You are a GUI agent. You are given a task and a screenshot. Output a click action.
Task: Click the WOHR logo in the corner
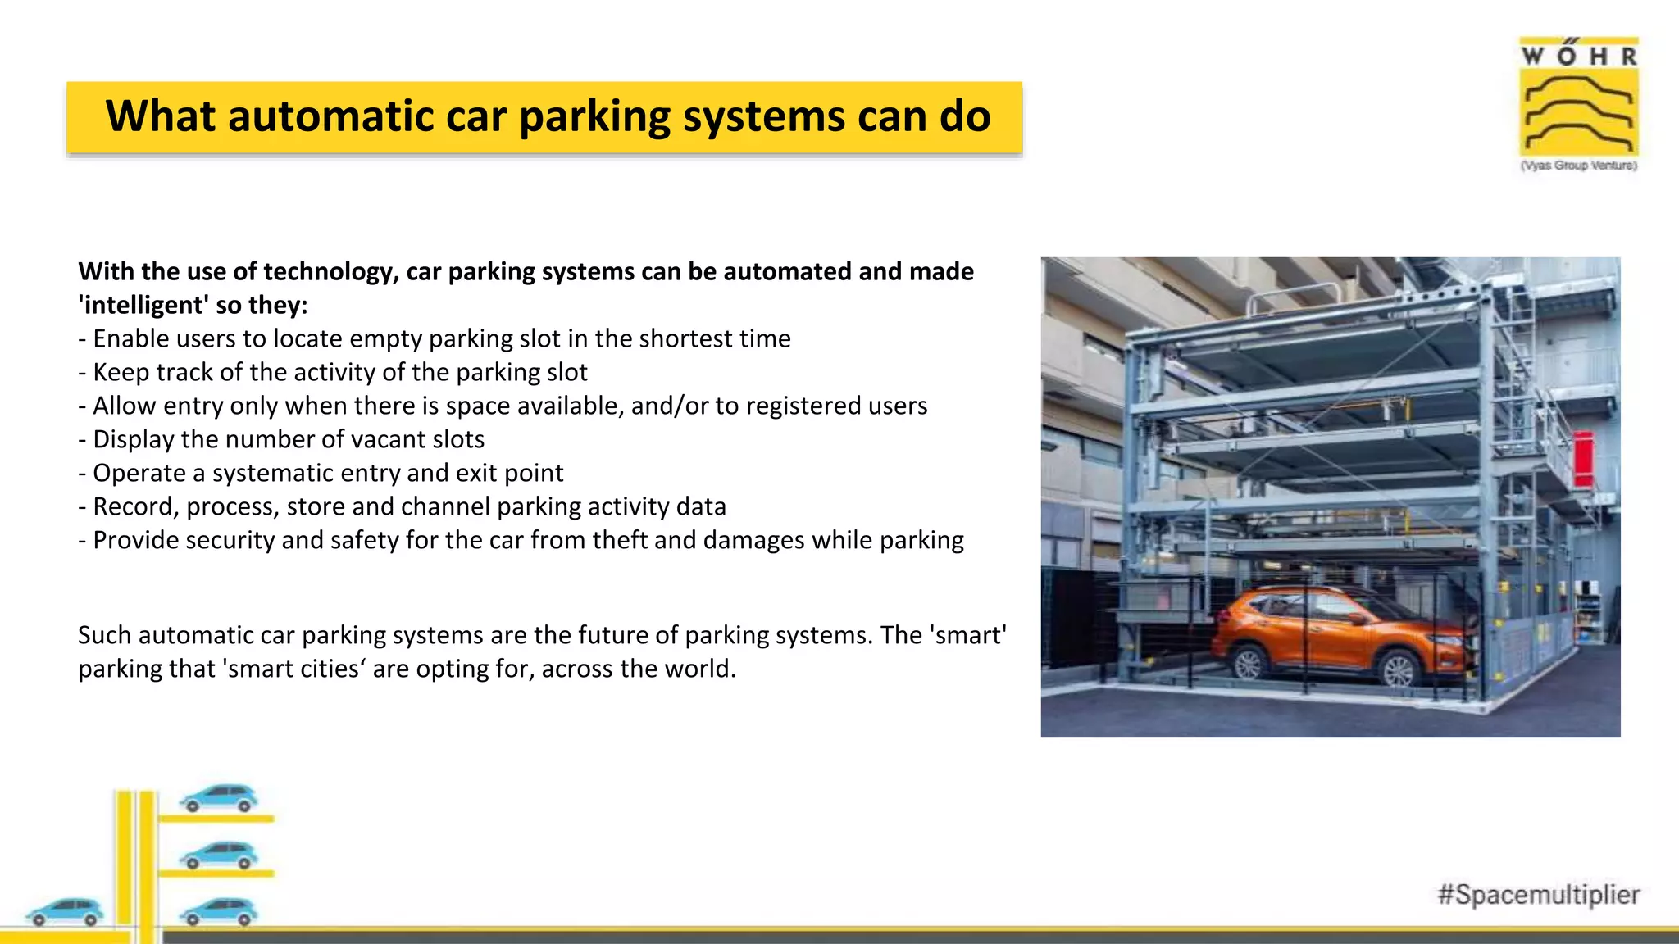(x=1578, y=98)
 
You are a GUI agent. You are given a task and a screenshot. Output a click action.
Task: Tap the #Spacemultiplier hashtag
(x=1539, y=894)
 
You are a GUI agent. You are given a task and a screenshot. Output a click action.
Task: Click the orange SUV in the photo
(x=1336, y=635)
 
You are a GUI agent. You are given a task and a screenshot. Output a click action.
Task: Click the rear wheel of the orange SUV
(x=1248, y=661)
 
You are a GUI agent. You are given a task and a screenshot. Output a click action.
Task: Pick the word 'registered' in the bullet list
(x=800, y=406)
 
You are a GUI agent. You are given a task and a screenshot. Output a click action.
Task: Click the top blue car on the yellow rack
(x=219, y=799)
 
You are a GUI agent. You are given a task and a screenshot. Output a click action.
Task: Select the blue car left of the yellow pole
(x=65, y=910)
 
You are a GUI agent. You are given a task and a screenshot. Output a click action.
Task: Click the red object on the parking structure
(x=1584, y=459)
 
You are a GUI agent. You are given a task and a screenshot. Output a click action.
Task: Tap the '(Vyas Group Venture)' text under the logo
(x=1578, y=166)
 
